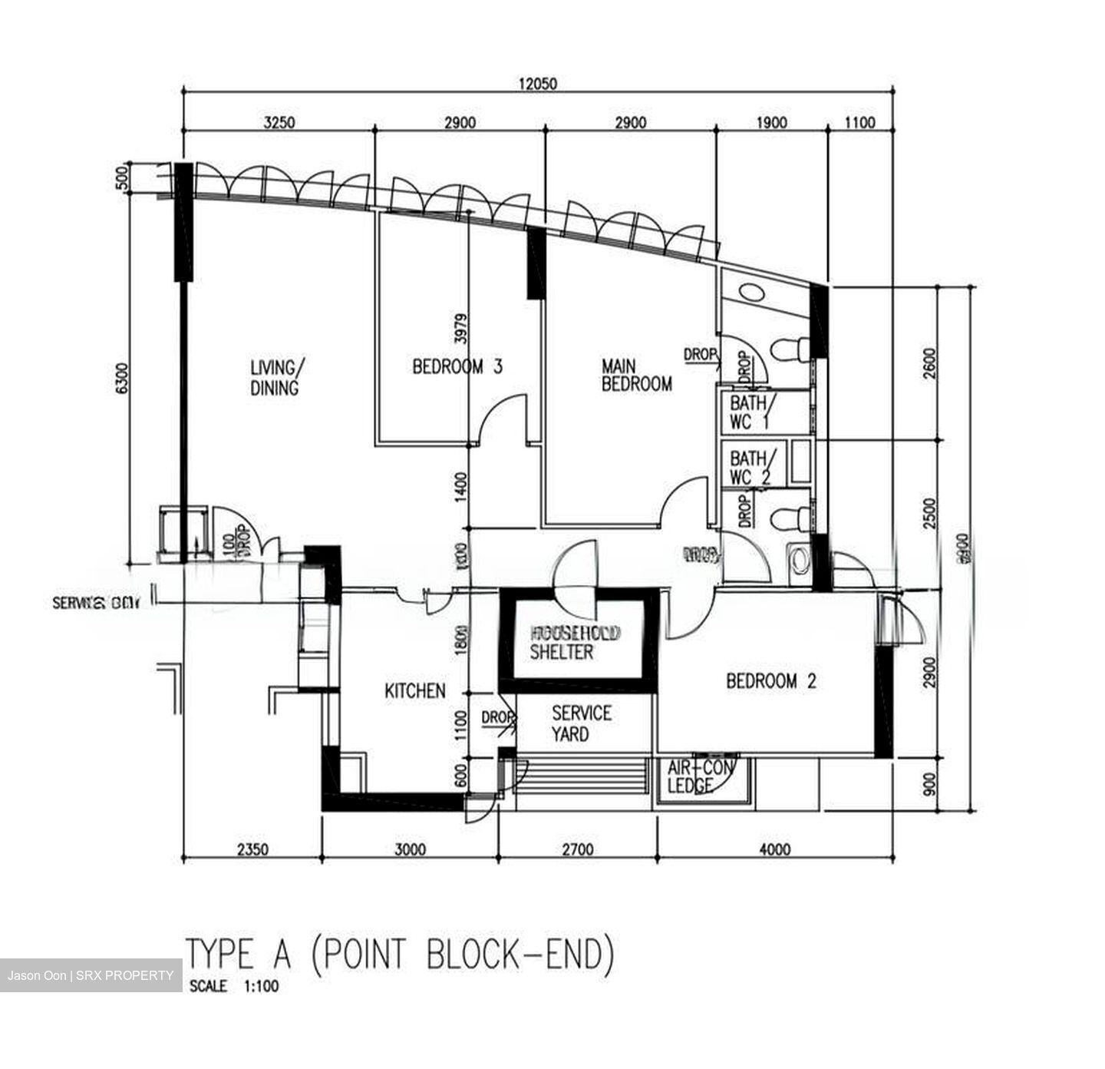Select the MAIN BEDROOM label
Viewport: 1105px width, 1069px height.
[x=636, y=374]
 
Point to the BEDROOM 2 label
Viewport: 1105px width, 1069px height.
[x=770, y=680]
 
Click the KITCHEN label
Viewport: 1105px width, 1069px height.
[x=414, y=691]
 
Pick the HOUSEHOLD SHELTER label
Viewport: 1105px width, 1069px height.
[x=575, y=643]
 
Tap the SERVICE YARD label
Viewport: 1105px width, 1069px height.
[x=581, y=723]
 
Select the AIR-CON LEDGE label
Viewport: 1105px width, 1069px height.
[x=700, y=776]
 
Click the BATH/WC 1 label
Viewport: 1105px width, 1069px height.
[x=752, y=412]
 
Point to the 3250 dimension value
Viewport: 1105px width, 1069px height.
[x=279, y=123]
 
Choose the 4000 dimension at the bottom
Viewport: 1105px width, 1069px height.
[x=774, y=849]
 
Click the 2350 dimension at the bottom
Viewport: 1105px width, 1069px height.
[x=252, y=849]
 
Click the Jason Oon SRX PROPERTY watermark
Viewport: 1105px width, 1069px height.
[x=91, y=975]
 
